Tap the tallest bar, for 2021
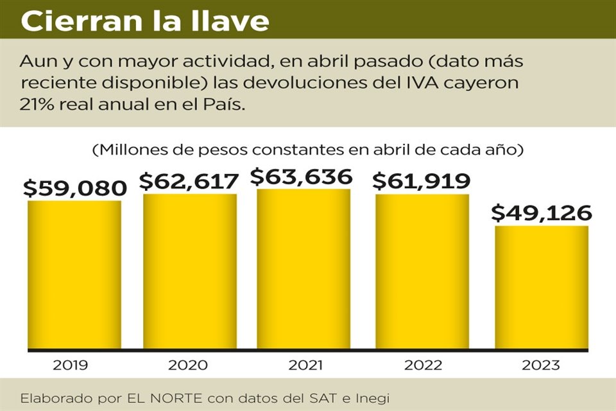[x=304, y=269]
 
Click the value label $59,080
[x=74, y=188]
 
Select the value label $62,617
[x=189, y=181]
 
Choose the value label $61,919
[x=422, y=181]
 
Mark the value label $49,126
[x=541, y=213]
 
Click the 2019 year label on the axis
[x=71, y=365]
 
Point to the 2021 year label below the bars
[x=305, y=365]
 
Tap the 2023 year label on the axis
[x=541, y=365]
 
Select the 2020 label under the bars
[x=187, y=365]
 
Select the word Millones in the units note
[x=130, y=150]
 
